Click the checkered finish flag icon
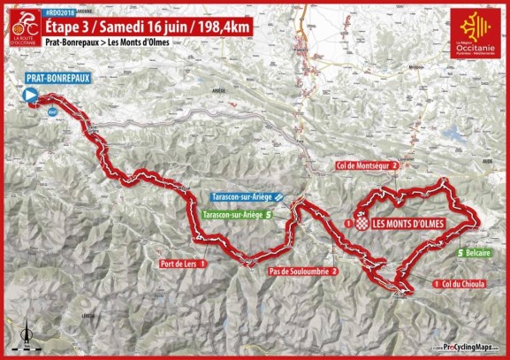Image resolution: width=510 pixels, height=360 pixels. click(361, 223)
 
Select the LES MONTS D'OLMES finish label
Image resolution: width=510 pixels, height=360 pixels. click(407, 223)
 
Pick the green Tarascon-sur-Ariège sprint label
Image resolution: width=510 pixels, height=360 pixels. click(232, 214)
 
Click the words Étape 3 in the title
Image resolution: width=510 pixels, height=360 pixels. click(73, 26)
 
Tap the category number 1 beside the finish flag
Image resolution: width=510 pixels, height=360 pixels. click(348, 224)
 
